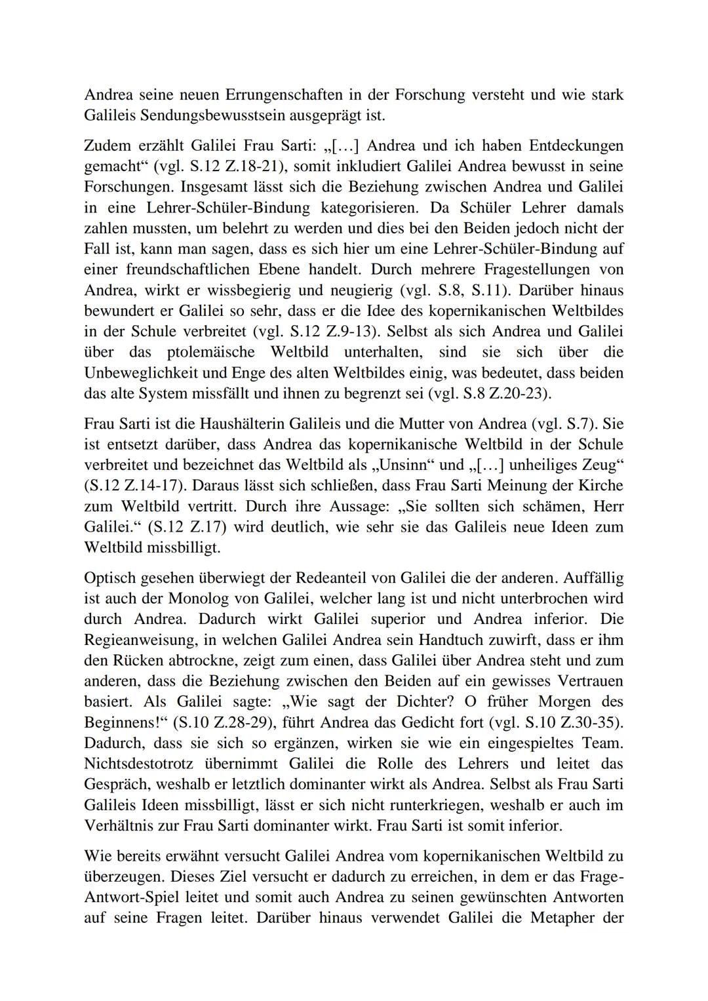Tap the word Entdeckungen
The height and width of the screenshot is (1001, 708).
coord(576,145)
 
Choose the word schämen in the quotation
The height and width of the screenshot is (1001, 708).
coord(541,507)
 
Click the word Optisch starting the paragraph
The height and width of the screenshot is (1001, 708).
coord(109,579)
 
